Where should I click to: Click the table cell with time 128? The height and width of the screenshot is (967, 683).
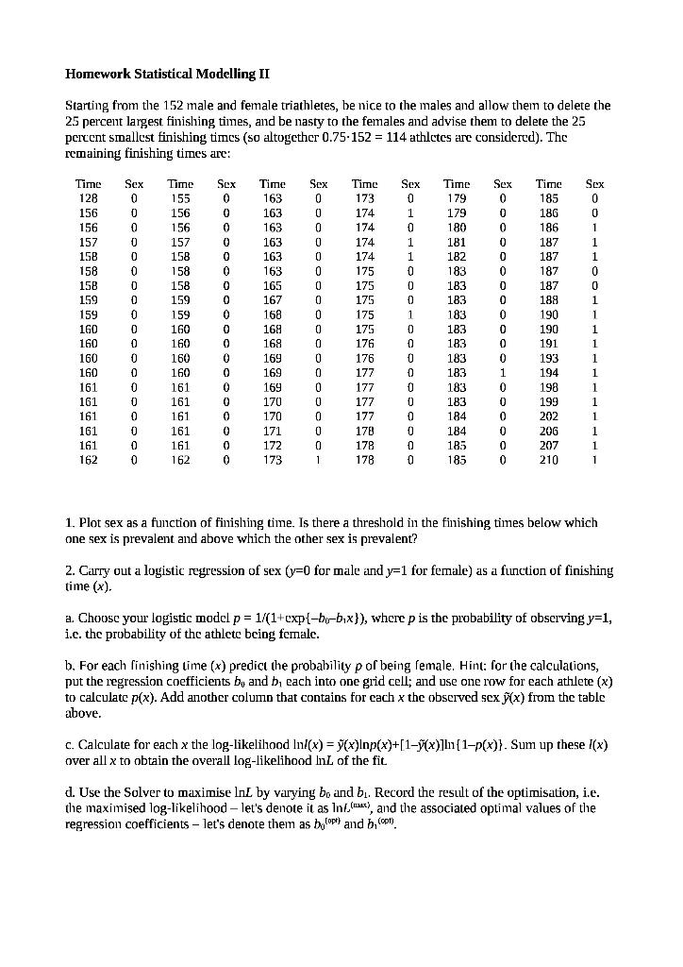(88, 198)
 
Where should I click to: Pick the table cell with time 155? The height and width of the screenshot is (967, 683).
(180, 198)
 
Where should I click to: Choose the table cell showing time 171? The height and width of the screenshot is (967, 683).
(272, 430)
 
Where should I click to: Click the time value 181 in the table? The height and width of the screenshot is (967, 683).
(457, 242)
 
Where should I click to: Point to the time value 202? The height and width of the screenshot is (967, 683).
(549, 416)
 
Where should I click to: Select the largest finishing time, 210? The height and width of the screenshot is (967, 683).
(549, 460)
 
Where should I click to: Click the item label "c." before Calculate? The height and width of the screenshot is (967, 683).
(70, 744)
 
